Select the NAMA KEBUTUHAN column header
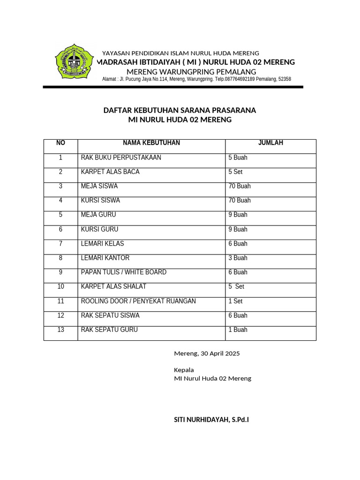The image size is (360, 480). [151, 143]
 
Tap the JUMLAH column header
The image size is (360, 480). [270, 143]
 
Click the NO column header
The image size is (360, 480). [60, 143]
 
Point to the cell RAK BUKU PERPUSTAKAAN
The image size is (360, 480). [121, 157]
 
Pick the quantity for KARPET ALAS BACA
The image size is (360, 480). [235, 172]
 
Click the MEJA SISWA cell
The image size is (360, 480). [99, 186]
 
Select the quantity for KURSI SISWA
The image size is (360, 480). [240, 201]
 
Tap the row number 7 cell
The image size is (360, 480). [60, 244]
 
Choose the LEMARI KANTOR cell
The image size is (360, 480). [105, 258]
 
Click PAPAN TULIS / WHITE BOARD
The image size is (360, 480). [124, 272]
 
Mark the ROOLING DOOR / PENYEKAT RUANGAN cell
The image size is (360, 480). [138, 301]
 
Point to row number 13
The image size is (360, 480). [60, 330]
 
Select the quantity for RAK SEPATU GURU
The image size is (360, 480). [238, 330]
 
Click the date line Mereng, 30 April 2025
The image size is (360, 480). [207, 353]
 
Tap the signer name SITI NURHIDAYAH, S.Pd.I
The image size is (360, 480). [211, 420]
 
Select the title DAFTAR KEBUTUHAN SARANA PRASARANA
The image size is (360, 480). [180, 111]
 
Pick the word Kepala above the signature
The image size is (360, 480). [184, 370]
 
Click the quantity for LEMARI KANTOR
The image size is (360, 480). [238, 258]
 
